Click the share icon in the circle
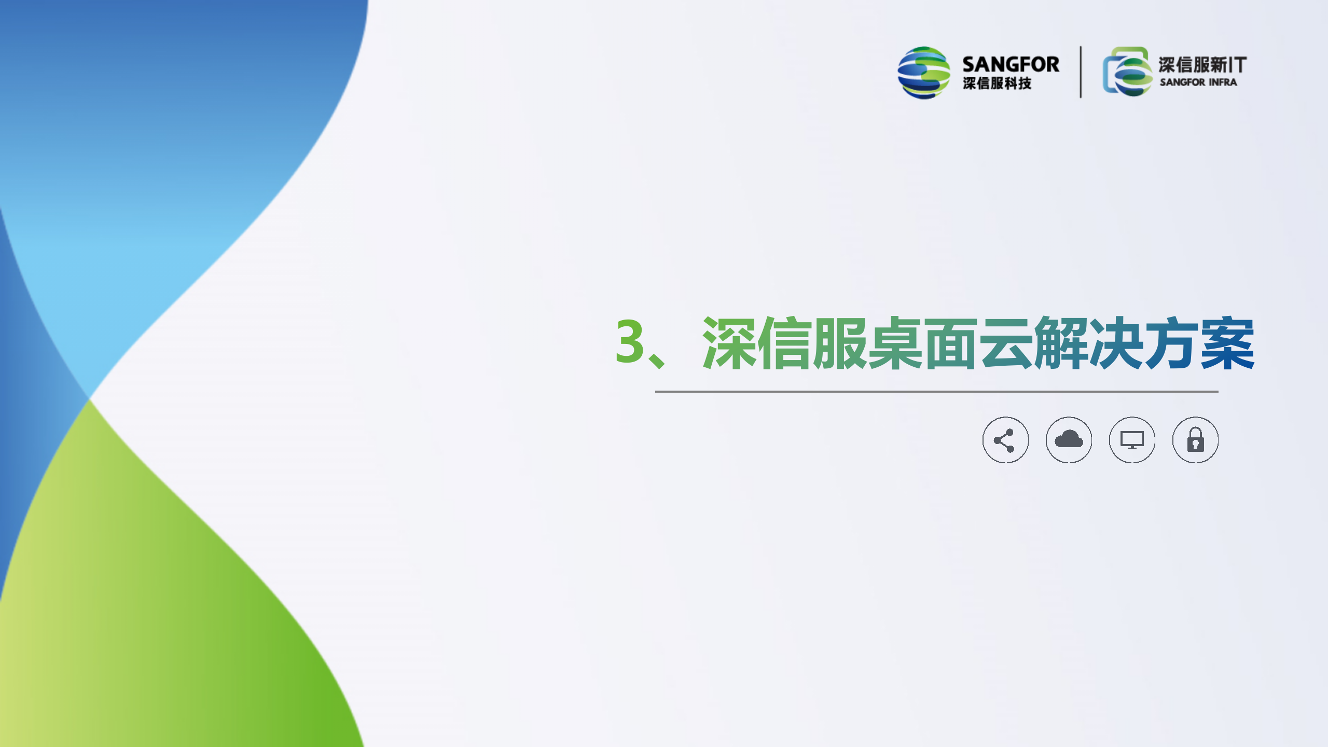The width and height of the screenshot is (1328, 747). pos(1005,440)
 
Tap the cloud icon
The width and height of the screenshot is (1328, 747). pos(1069,440)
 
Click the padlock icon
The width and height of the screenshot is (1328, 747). pos(1195,440)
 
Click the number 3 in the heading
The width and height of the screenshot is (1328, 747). pos(630,341)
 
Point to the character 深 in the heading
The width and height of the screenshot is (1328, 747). pos(729,343)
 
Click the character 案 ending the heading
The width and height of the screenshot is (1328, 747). pos(1227,343)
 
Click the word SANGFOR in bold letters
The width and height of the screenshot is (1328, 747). pos(1011,64)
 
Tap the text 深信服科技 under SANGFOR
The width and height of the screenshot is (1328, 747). pos(997,83)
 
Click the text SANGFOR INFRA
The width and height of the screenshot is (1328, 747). pos(1198,82)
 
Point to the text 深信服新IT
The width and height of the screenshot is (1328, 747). pos(1202,65)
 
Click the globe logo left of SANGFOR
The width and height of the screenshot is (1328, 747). pos(924,73)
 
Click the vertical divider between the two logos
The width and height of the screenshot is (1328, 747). pos(1081,72)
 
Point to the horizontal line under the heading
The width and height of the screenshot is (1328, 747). pos(936,392)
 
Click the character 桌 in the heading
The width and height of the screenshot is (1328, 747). pos(895,343)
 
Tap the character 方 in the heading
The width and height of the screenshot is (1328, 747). pos(1172,343)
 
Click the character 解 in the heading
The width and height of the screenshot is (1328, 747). pos(1061,343)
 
